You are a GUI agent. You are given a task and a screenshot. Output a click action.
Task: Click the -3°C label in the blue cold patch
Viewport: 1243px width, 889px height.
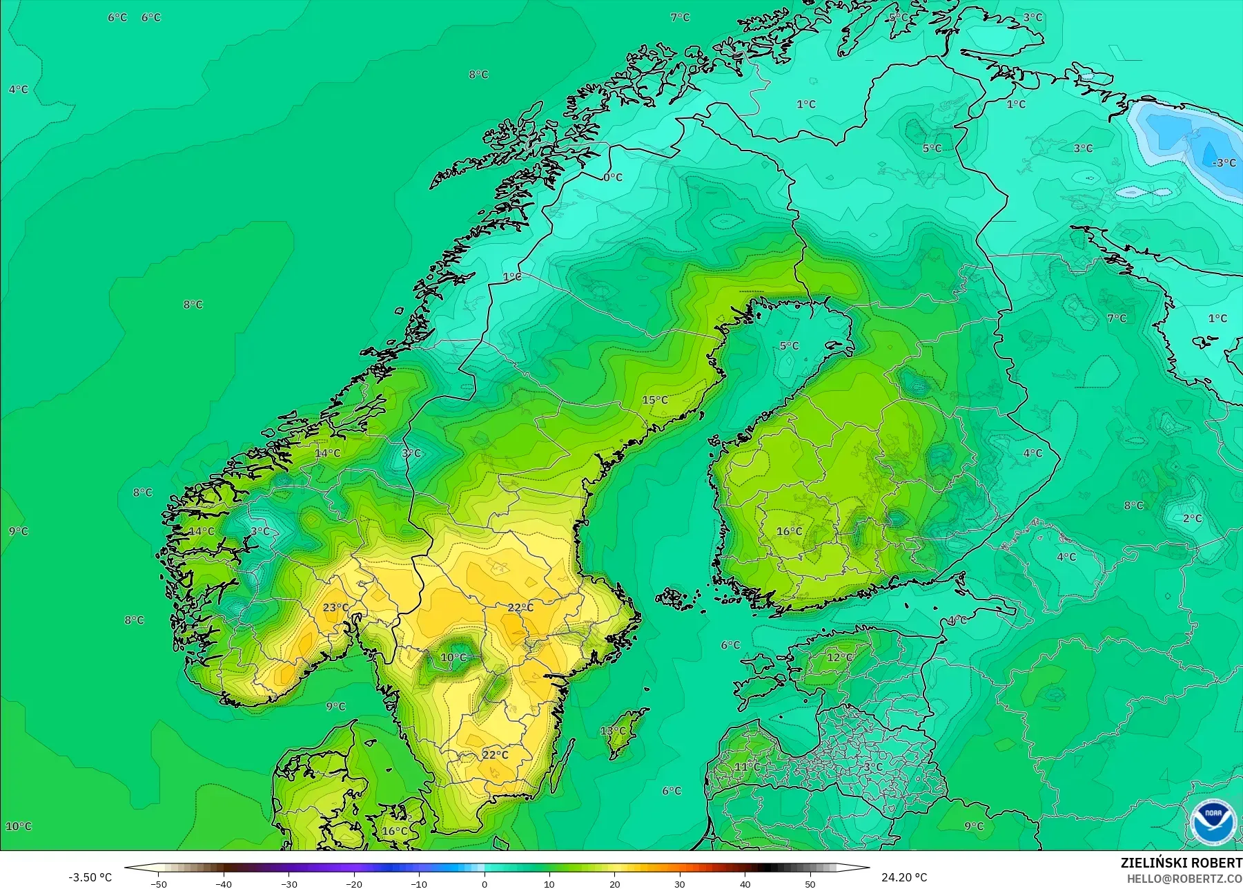tap(1224, 163)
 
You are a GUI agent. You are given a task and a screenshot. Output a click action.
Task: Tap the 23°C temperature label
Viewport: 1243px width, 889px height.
tap(335, 608)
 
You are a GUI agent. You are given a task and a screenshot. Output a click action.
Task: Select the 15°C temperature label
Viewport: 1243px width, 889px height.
tap(655, 400)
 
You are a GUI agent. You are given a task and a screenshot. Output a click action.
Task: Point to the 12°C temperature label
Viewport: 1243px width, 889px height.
tap(839, 657)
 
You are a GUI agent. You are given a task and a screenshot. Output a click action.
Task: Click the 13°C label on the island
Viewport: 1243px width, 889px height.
tap(612, 731)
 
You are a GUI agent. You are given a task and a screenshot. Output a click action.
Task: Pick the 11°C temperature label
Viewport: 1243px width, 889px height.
tap(747, 767)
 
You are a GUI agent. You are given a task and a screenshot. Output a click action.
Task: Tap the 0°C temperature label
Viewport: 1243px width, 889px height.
tap(613, 178)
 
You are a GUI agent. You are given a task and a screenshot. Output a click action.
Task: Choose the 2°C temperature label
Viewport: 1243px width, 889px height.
tap(1192, 518)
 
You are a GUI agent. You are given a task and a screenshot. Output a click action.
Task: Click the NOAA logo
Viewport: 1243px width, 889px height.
tap(1213, 821)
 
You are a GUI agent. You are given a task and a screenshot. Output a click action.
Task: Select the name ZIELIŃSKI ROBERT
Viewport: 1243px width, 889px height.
tap(1181, 863)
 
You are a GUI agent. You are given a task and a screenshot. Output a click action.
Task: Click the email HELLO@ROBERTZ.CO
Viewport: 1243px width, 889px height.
tap(1184, 879)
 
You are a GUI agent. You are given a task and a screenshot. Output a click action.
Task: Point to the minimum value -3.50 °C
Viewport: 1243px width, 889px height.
tap(90, 877)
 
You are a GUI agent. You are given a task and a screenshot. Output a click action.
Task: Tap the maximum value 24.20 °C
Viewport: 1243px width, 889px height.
tap(904, 877)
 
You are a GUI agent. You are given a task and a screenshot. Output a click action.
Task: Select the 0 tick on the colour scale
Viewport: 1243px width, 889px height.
tap(484, 884)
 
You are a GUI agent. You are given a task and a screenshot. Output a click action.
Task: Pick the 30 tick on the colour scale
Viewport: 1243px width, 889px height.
tap(680, 884)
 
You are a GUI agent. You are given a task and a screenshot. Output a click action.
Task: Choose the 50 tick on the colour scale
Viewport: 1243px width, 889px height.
tap(810, 884)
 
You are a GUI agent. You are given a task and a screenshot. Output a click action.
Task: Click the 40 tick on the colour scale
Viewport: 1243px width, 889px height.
tap(745, 884)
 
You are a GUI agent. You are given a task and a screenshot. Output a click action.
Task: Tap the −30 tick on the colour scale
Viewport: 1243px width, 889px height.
tap(288, 884)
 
